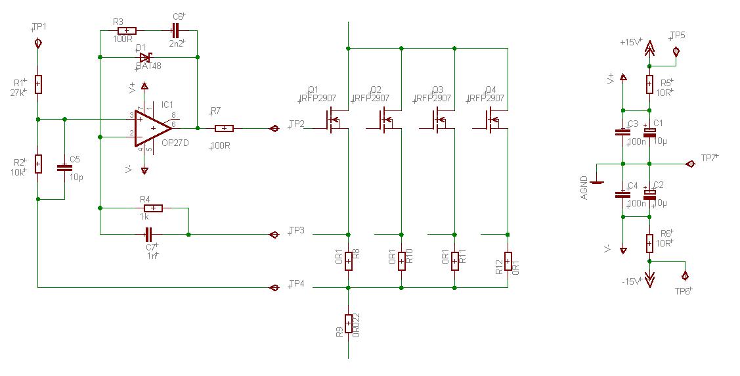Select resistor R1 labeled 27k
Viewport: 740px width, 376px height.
pos(38,84)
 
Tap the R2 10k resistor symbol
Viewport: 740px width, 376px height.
pos(38,163)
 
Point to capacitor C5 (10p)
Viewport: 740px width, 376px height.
pos(64,168)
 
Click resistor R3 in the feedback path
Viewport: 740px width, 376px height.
pos(126,30)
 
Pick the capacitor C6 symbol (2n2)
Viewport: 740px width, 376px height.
pos(174,30)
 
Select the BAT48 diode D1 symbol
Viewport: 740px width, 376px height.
pos(145,57)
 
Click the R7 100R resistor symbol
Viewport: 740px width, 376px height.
pos(224,129)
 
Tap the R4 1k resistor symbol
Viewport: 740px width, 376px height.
pos(152,208)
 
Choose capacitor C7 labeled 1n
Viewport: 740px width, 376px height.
pos(148,233)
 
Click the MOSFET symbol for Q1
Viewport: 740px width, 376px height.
pos(335,120)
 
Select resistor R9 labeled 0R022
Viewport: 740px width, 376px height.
pos(348,323)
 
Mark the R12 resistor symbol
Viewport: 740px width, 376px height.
pos(508,261)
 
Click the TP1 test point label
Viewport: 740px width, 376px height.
pos(39,27)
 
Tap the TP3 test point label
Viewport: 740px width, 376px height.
pos(297,231)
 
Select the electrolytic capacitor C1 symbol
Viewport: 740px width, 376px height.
pos(649,133)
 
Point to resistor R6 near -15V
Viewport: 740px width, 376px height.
pos(649,244)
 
